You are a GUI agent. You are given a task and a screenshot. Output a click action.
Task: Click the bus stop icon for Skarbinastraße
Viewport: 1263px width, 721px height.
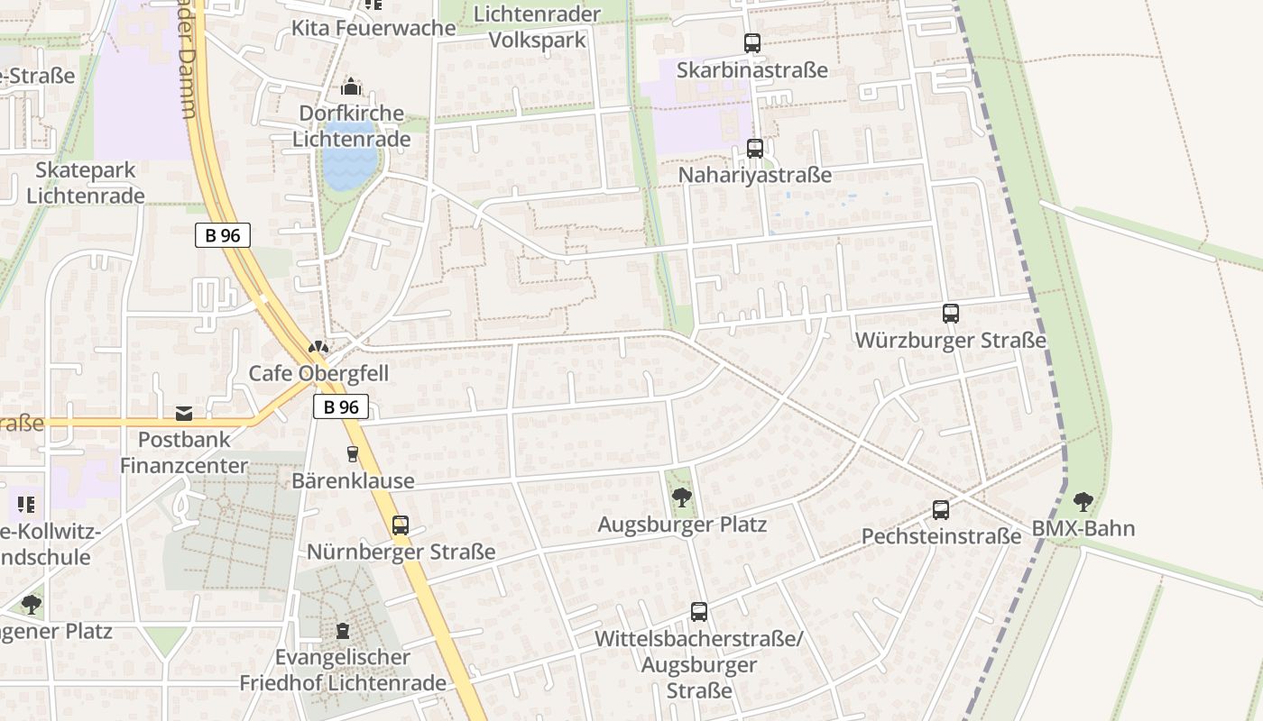(752, 42)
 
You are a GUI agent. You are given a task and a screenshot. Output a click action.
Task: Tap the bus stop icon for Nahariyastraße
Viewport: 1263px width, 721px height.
(755, 149)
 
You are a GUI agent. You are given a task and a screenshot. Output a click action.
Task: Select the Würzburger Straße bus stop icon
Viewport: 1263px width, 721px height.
(951, 314)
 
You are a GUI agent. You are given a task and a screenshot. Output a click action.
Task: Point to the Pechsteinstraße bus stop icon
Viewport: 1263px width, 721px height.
(941, 510)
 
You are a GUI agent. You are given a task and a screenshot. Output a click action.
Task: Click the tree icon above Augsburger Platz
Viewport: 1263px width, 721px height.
(682, 497)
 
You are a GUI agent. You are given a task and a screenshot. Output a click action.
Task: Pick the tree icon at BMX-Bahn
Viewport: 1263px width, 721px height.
(1083, 502)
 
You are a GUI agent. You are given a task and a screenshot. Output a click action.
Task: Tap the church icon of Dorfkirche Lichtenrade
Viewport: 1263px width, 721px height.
(351, 87)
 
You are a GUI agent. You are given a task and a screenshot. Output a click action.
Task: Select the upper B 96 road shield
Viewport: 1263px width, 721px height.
(222, 235)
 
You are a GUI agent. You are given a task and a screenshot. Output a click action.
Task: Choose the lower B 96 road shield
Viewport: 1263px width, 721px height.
(341, 406)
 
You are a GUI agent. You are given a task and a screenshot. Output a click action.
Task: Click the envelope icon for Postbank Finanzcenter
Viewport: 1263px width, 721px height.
(184, 414)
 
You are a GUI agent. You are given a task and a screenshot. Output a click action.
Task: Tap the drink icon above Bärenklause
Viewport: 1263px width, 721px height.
(353, 454)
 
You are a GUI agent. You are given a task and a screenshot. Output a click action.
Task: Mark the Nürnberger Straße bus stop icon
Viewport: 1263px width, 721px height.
(401, 525)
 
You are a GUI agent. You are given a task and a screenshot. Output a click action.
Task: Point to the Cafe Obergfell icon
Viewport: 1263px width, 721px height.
(318, 347)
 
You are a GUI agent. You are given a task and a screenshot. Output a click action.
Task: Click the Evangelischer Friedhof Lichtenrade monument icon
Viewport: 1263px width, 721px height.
(343, 630)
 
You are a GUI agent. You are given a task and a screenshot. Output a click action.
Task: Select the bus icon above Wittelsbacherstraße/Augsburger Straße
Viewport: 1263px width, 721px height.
(699, 612)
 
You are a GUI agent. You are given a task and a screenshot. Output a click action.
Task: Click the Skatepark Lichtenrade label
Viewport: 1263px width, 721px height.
(86, 183)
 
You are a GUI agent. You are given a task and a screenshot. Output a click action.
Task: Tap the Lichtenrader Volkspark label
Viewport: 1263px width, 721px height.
(537, 27)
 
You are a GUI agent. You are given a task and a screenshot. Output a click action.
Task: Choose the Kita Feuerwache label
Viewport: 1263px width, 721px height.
(373, 28)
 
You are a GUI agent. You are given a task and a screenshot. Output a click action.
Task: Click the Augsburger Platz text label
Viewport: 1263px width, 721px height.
(682, 525)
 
